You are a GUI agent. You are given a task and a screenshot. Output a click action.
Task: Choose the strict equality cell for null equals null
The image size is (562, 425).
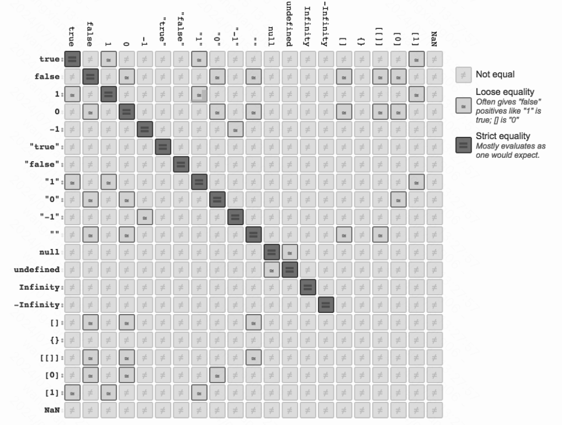pos(272,254)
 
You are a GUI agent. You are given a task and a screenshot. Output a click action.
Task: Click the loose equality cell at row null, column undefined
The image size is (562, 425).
pos(290,254)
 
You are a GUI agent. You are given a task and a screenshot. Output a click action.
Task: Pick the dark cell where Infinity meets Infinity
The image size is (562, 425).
pos(308,287)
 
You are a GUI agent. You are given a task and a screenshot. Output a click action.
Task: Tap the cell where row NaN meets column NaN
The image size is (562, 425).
pos(435,410)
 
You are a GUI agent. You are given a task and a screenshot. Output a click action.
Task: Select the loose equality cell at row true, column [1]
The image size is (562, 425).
pos(417,59)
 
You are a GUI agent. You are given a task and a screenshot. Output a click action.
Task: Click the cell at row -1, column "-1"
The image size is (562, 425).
pos(236,131)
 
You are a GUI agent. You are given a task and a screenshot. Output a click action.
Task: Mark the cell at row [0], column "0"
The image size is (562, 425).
pos(218,375)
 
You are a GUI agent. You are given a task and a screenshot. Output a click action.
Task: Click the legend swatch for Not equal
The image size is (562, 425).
pos(463,74)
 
